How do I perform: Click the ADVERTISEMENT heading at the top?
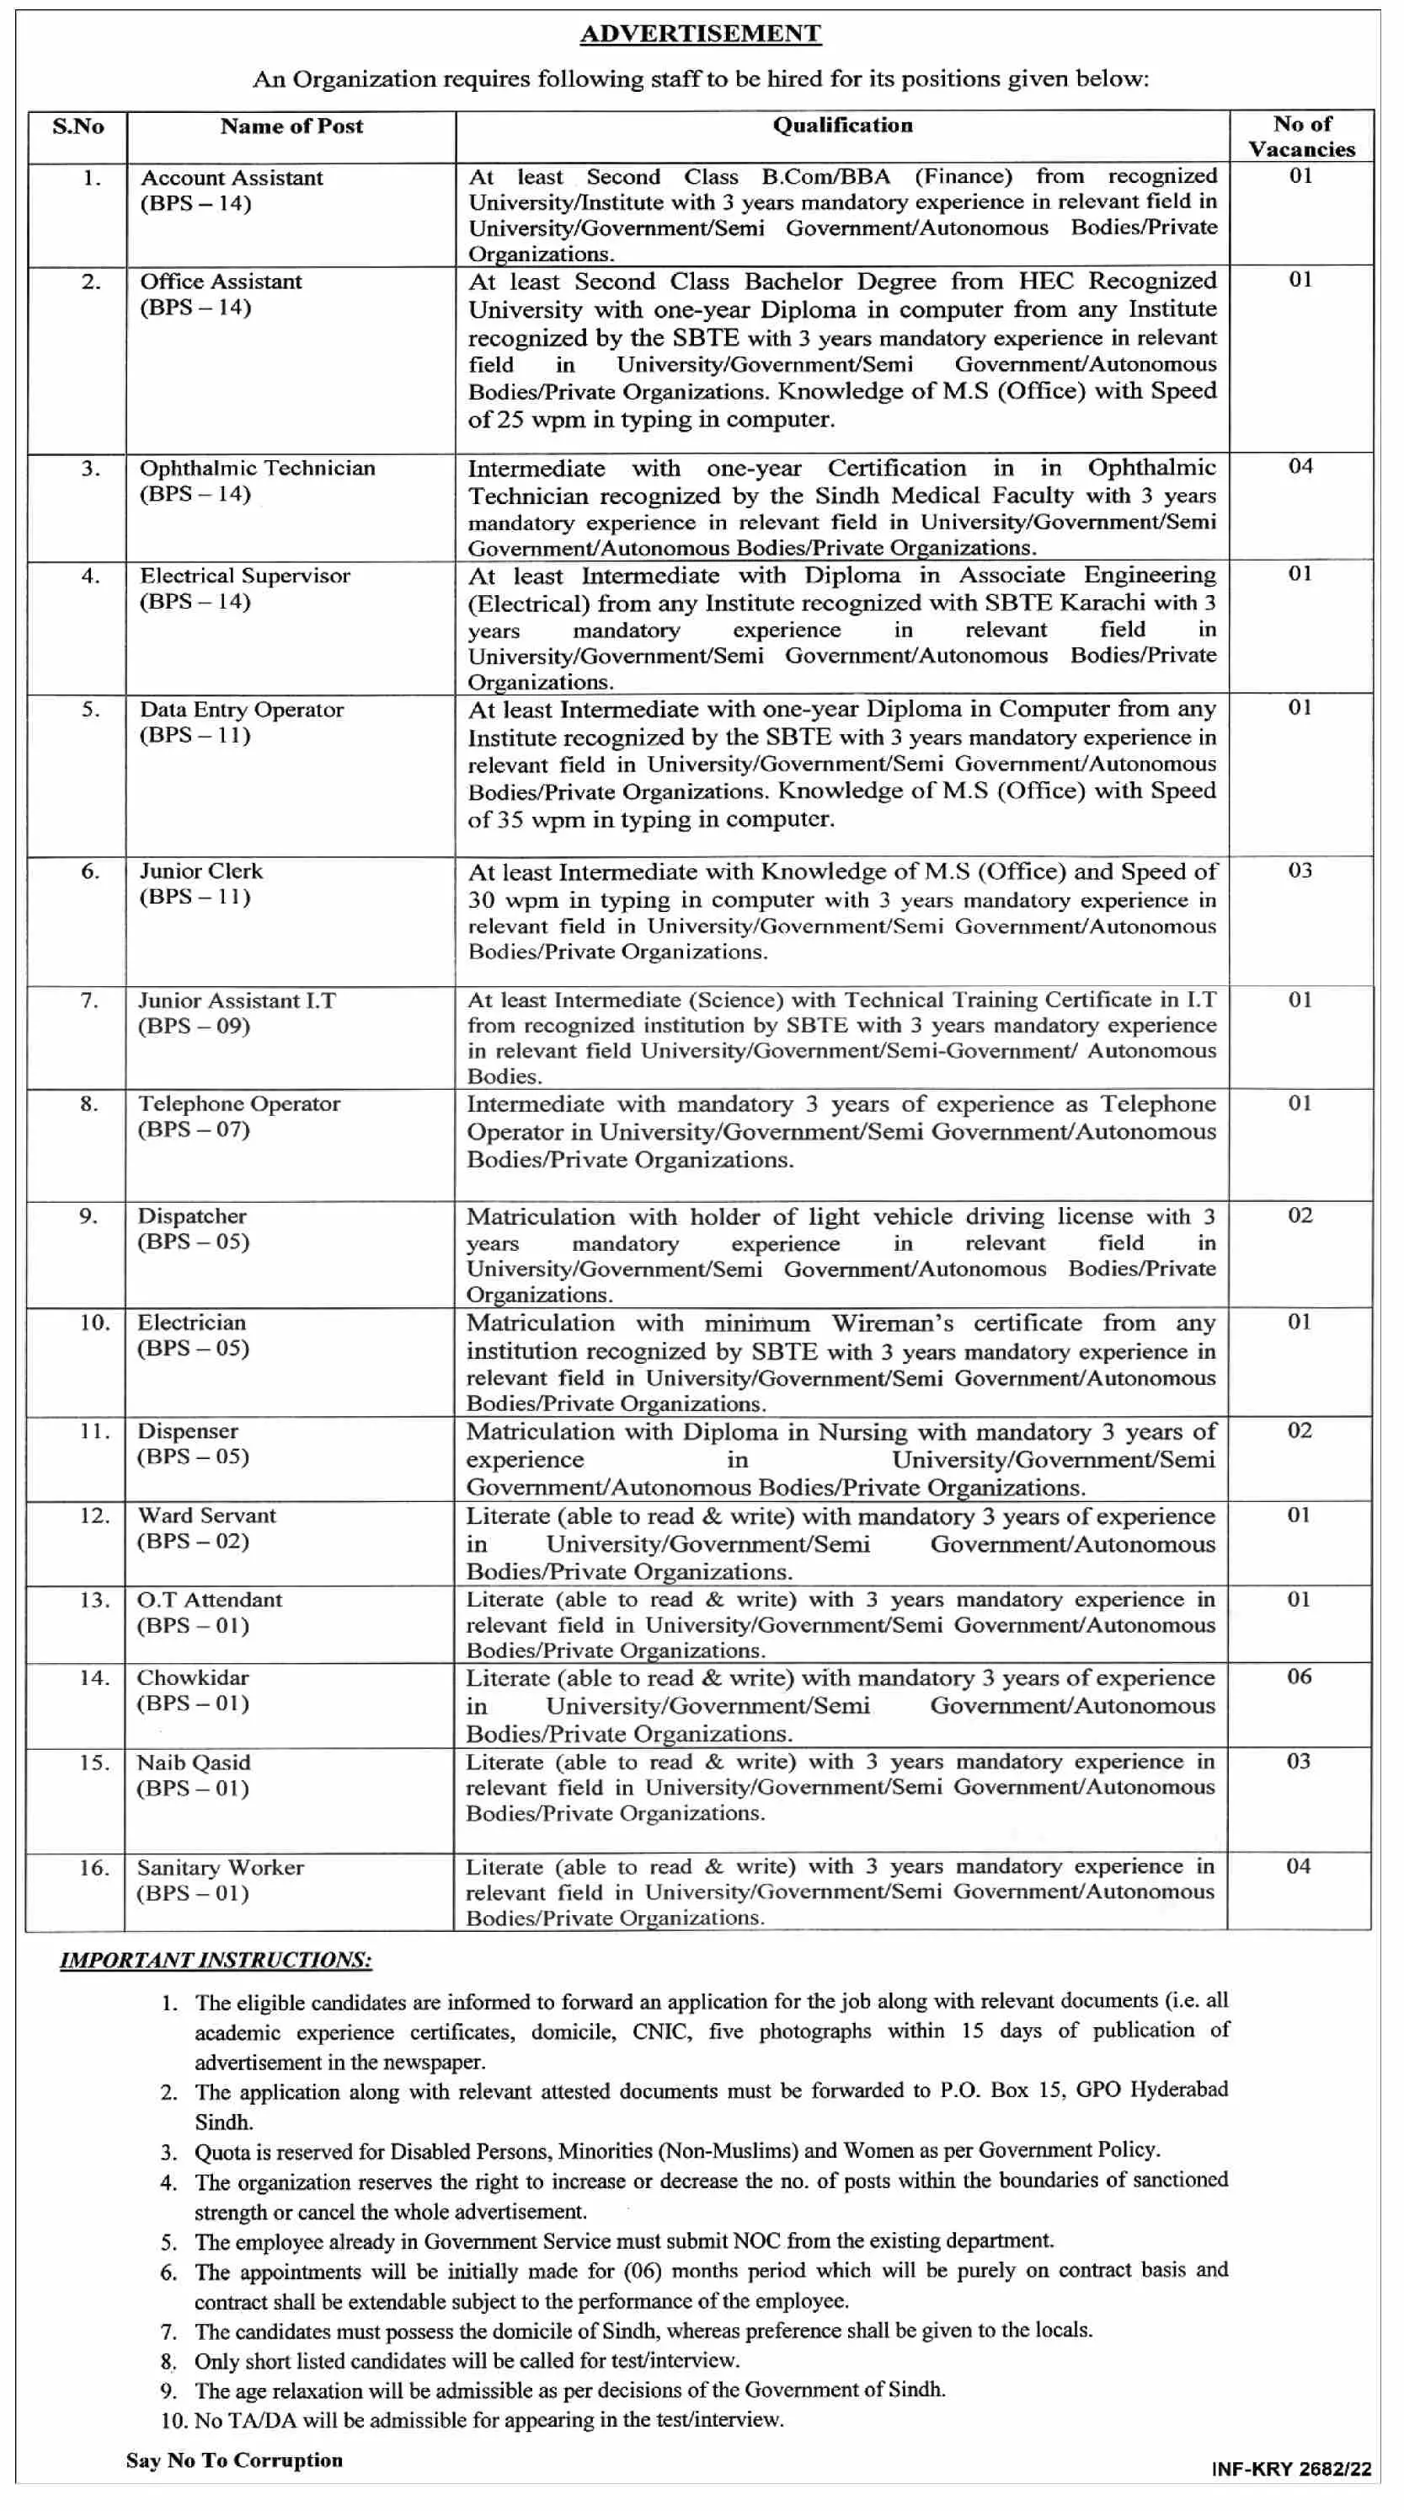click(x=701, y=34)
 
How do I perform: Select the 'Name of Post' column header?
click(x=291, y=126)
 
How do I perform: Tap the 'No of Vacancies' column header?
click(x=1302, y=137)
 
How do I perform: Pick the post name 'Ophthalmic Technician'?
click(x=257, y=469)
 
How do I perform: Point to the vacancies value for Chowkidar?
click(x=1299, y=1677)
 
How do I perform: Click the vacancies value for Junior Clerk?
click(x=1300, y=871)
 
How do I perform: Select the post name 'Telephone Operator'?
click(x=238, y=1104)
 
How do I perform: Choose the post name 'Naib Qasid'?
click(x=194, y=1763)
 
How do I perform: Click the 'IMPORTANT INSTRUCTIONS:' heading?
click(x=216, y=1961)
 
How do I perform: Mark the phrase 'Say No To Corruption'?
click(x=234, y=2460)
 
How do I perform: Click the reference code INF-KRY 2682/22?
click(x=1291, y=2469)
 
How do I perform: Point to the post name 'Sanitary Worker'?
click(x=220, y=1869)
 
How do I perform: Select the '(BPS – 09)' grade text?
click(x=194, y=1027)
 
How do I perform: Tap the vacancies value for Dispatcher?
click(x=1300, y=1215)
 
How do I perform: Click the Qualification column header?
click(x=843, y=126)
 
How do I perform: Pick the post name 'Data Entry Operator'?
click(x=242, y=710)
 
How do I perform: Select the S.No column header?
click(x=78, y=126)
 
